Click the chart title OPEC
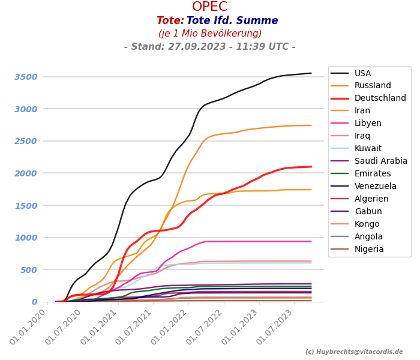209,7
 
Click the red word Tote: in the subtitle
170,21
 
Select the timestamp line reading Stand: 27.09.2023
209,47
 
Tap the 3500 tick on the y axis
26,77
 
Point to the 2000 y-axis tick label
26,173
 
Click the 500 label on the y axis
29,270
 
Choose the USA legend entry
362,73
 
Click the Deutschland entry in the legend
380,98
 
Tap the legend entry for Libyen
368,124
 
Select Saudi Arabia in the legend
380,161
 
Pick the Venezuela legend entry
375,187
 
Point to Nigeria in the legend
369,250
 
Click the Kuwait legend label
368,149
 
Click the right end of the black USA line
311,73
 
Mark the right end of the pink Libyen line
311,242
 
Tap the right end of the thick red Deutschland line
311,167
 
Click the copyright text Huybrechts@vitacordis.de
354,352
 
